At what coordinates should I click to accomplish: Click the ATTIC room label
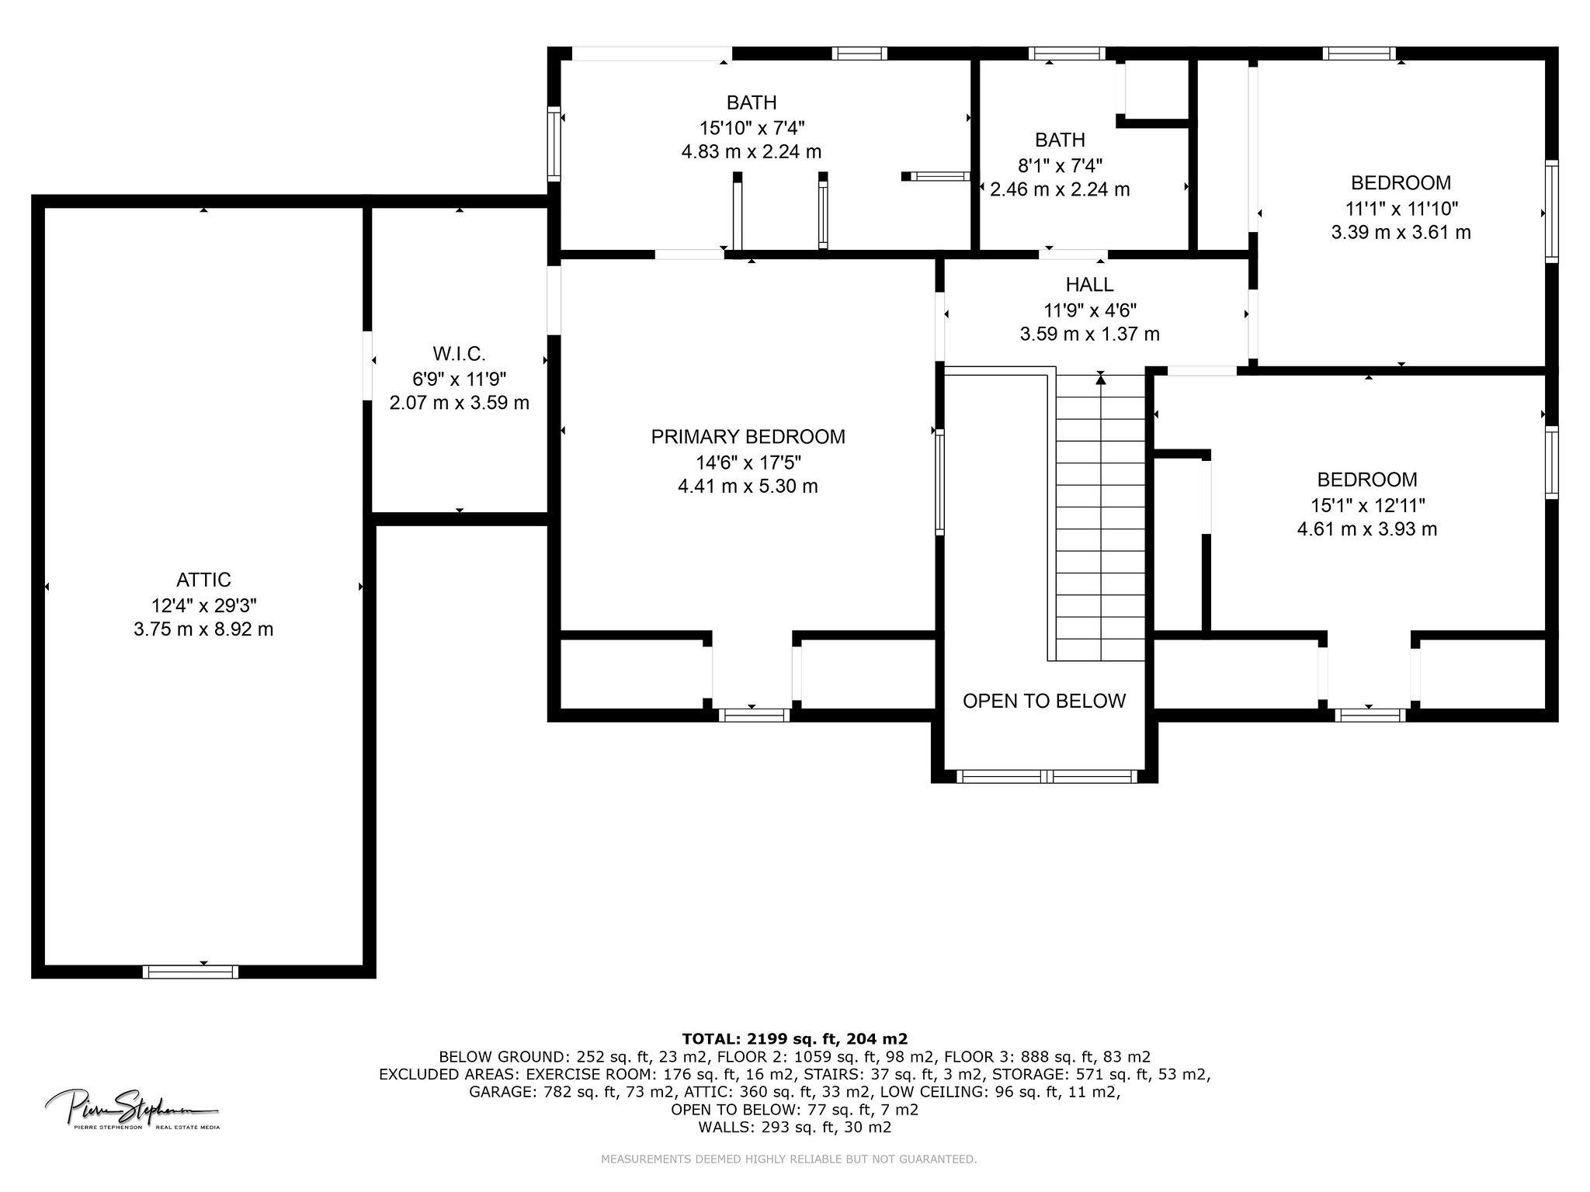[x=203, y=580]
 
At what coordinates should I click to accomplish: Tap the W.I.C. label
[x=460, y=354]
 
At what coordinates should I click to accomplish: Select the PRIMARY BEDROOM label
[x=748, y=437]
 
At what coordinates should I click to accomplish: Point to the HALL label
[x=1090, y=285]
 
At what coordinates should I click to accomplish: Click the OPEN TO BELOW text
[x=1043, y=701]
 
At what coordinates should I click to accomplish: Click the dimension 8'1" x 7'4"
[x=1060, y=165]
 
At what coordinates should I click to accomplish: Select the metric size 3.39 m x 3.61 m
[x=1401, y=232]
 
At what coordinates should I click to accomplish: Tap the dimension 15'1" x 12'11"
[x=1367, y=505]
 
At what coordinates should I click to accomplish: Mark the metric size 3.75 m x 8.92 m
[x=203, y=629]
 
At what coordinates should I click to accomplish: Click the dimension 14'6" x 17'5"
[x=748, y=463]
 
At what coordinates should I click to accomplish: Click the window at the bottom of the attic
[x=191, y=972]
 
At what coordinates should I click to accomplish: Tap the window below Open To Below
[x=1047, y=776]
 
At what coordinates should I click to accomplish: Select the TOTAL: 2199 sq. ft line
[x=794, y=1038]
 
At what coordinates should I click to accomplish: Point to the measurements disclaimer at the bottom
[x=789, y=1159]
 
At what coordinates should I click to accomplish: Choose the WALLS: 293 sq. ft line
[x=794, y=1128]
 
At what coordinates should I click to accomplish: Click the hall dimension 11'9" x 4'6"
[x=1090, y=310]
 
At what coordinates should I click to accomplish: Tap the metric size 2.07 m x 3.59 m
[x=460, y=404]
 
